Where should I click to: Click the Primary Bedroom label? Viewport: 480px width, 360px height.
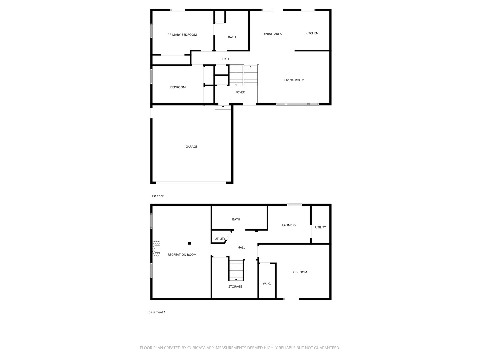182,35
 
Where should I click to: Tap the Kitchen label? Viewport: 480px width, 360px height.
312,33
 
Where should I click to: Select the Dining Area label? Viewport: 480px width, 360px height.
272,34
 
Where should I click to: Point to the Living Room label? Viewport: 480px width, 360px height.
294,80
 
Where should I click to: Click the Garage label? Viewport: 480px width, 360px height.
191,147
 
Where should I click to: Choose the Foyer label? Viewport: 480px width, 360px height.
240,92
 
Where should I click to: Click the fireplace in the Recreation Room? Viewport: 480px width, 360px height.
156,249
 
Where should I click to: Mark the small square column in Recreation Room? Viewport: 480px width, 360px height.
190,243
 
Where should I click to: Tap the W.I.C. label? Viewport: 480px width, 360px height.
267,284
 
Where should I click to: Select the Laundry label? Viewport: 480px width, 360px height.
289,225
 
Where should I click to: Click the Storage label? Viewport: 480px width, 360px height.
235,287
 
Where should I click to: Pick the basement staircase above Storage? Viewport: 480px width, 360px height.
236,270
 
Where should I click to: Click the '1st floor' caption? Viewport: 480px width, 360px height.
158,196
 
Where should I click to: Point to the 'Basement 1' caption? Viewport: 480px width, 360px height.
157,312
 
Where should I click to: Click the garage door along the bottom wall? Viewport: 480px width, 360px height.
191,182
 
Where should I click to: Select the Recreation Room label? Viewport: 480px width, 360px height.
182,255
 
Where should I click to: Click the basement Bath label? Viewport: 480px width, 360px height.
236,219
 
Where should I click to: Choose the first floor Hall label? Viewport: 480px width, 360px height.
226,59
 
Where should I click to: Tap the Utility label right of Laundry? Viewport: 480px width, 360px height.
320,227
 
